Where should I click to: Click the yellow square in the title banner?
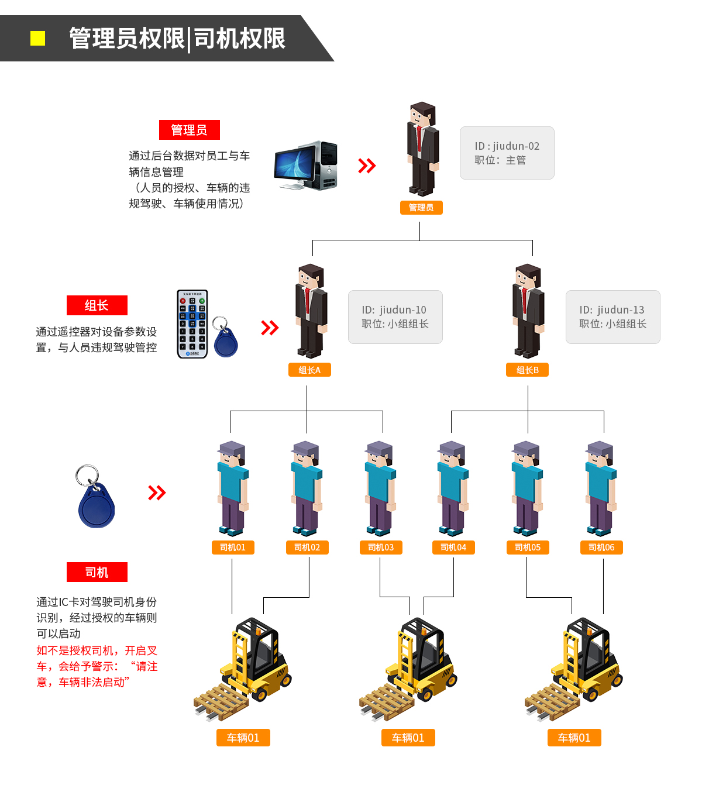click(x=37, y=39)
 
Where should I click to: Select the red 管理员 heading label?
click(x=189, y=130)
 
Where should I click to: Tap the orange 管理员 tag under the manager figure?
click(x=421, y=207)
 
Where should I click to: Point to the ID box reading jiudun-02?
click(x=507, y=153)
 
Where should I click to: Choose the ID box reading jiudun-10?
click(x=395, y=316)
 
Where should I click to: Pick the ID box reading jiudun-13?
click(x=612, y=316)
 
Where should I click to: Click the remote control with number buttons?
click(x=192, y=324)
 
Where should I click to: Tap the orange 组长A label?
click(x=309, y=370)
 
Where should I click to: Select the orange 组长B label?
click(x=527, y=370)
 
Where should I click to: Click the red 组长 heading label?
click(x=97, y=305)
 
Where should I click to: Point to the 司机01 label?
click(x=233, y=547)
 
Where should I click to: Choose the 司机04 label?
click(x=453, y=547)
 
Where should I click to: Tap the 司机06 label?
click(x=601, y=547)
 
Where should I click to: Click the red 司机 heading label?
click(x=97, y=572)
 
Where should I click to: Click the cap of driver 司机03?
click(x=378, y=448)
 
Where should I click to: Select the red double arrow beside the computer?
click(x=367, y=166)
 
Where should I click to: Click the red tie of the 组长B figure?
click(x=525, y=300)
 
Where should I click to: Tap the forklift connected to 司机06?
click(x=574, y=669)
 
